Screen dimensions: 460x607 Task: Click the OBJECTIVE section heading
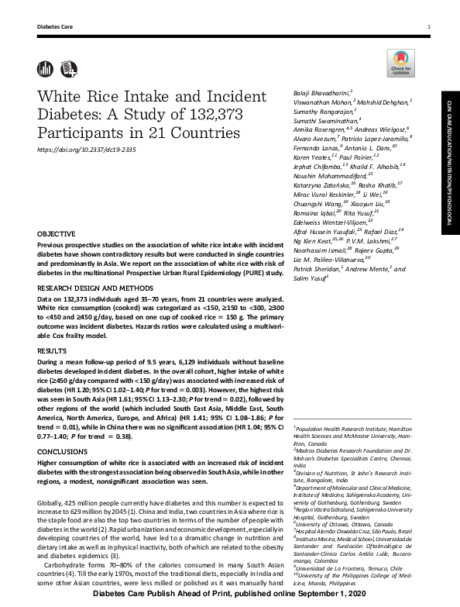coord(57,233)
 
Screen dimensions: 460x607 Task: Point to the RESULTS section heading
coord(51,350)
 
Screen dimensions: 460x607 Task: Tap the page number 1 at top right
coord(429,28)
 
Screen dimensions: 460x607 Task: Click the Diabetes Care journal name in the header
coord(54,28)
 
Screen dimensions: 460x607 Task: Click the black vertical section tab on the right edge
coord(449,163)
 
